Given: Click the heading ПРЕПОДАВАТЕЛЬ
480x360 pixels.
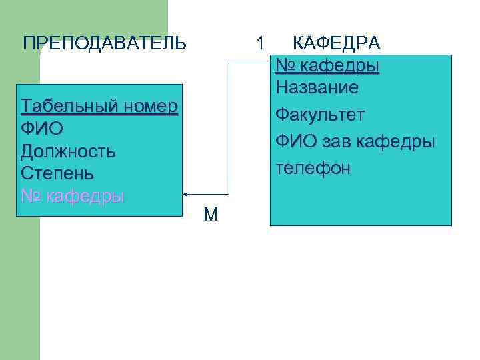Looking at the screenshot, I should click(x=105, y=44).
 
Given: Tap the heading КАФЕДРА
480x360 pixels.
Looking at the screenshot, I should click(x=337, y=44).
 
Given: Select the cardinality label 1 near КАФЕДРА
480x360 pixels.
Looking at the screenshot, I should click(x=261, y=43).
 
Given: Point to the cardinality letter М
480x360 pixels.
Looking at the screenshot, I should click(x=211, y=215).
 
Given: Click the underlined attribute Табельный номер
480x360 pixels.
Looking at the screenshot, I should click(x=99, y=107).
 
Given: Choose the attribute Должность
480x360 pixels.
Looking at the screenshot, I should click(x=68, y=151).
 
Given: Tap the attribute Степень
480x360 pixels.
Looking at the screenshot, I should click(x=57, y=173).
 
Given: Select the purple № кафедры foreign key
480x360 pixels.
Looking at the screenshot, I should click(x=73, y=197).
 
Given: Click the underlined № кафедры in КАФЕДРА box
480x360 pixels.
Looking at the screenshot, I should click(x=327, y=66).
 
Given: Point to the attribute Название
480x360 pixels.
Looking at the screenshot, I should click(x=317, y=87).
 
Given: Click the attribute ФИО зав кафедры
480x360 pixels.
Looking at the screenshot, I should click(x=355, y=141).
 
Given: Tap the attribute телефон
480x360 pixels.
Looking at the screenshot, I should click(x=313, y=168).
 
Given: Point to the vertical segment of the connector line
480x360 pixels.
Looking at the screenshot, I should click(x=229, y=127).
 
